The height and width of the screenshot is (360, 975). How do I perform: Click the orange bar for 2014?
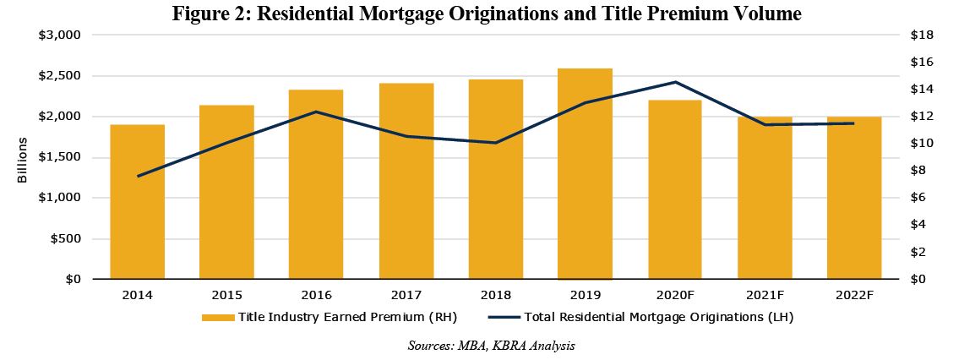(137, 202)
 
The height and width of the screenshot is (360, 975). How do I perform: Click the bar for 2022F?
(853, 198)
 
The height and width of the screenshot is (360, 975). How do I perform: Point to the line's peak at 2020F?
(674, 82)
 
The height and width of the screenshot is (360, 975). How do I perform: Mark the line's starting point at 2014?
(137, 176)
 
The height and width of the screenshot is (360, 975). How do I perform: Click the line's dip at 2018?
(495, 143)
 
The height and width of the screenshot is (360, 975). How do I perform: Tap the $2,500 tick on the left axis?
(60, 76)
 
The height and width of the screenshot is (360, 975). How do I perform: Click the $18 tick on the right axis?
(921, 35)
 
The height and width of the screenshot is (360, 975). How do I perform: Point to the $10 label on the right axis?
(921, 144)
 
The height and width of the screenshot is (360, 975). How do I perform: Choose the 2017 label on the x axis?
(406, 295)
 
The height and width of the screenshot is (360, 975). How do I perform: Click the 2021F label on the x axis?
(764, 295)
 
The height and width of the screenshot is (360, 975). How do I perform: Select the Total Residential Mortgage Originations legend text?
(659, 318)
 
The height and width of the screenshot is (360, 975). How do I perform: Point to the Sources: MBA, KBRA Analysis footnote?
(490, 346)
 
